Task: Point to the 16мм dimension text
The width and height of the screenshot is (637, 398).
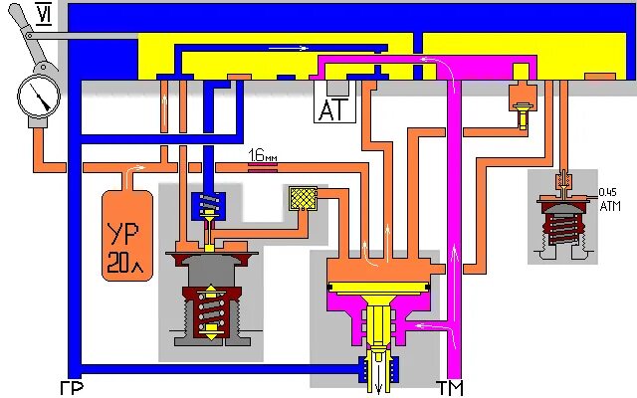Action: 263,154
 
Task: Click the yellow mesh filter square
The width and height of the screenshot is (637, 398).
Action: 301,198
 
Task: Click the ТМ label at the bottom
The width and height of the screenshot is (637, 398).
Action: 450,387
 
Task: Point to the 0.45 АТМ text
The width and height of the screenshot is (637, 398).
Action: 609,198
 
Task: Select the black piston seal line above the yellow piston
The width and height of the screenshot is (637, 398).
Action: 379,290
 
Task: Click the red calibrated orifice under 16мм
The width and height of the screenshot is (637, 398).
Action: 263,166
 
